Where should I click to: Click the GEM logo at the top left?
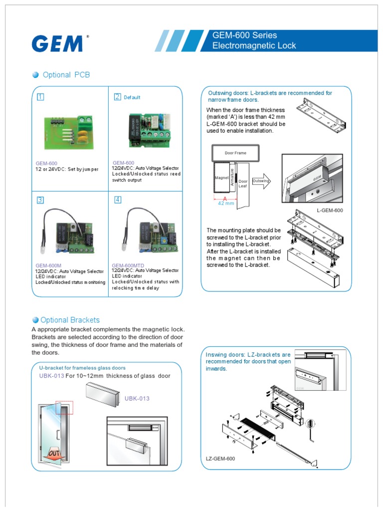(x=57, y=43)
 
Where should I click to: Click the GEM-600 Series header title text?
(x=244, y=35)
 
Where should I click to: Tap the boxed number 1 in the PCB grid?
(x=40, y=97)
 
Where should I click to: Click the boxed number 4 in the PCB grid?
(x=118, y=200)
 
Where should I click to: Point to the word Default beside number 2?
(x=132, y=97)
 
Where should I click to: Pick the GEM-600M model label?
(x=48, y=265)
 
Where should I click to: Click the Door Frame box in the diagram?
(x=235, y=153)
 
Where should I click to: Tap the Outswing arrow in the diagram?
(x=261, y=182)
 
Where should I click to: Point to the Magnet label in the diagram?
(x=221, y=178)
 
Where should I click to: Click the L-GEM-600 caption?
(x=330, y=211)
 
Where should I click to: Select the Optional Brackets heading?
(x=70, y=320)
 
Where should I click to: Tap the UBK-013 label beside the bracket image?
(x=137, y=398)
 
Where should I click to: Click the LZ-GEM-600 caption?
(x=220, y=458)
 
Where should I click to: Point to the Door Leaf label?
(x=243, y=183)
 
